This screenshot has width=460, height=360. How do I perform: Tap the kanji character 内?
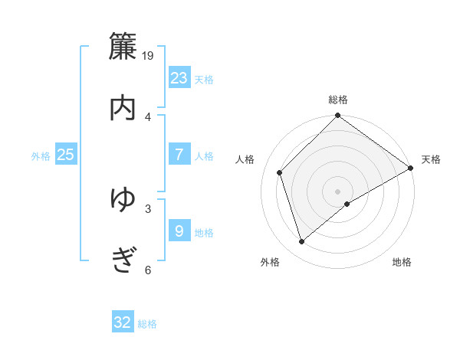[123, 108]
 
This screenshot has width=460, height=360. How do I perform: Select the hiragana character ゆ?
[123, 200]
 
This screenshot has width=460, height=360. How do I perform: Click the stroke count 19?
[149, 55]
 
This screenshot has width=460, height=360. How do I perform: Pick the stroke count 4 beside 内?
[148, 116]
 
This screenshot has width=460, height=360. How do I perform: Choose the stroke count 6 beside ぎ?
[148, 270]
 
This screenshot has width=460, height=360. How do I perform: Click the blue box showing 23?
[179, 77]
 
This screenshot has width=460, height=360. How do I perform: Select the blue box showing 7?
[179, 154]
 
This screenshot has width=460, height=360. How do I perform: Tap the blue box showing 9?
[179, 231]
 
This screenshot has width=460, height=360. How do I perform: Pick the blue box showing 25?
[66, 154]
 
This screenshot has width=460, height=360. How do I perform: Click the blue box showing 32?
[123, 322]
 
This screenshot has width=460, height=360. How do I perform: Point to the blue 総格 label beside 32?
[148, 324]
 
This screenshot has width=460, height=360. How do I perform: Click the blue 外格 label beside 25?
[41, 156]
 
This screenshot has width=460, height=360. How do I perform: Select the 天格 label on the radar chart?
[431, 159]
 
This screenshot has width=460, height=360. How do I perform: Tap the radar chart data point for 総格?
[337, 116]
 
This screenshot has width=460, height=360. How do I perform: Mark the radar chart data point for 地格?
[347, 204]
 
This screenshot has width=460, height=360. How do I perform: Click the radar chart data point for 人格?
[280, 172]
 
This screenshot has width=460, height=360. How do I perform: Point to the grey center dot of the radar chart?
[337, 191]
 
